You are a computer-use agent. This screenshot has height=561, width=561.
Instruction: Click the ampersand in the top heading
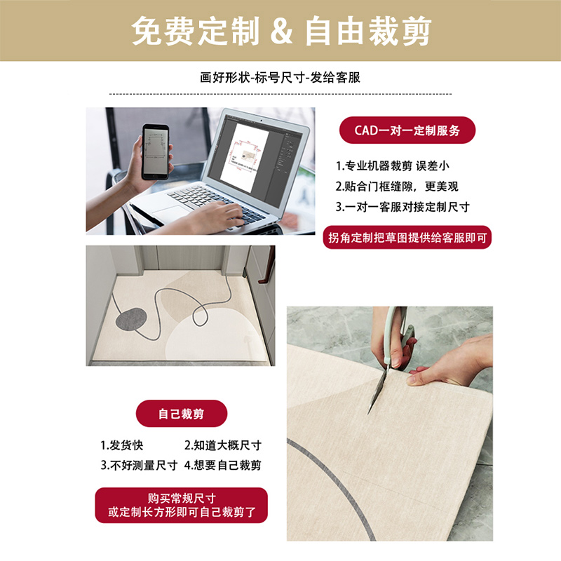click(280, 31)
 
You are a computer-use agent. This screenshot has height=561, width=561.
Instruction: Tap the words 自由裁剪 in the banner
click(367, 31)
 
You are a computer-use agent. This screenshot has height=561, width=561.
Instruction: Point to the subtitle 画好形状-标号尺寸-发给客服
click(280, 78)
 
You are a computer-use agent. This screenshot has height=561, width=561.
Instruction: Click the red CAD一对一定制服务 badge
click(407, 130)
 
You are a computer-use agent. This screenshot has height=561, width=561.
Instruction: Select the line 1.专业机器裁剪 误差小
click(397, 166)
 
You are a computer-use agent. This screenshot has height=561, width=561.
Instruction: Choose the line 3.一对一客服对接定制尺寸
click(403, 207)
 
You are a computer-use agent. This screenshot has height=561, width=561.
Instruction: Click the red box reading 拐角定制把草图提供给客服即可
click(407, 238)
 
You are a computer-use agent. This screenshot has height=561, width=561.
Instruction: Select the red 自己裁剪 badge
click(182, 414)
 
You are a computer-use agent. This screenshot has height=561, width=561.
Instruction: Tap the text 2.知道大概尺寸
click(222, 445)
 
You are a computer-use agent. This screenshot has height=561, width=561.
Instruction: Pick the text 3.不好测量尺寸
click(138, 465)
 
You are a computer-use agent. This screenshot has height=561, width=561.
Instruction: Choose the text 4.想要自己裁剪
click(222, 465)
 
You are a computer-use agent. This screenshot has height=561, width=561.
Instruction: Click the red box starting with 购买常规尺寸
click(182, 506)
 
